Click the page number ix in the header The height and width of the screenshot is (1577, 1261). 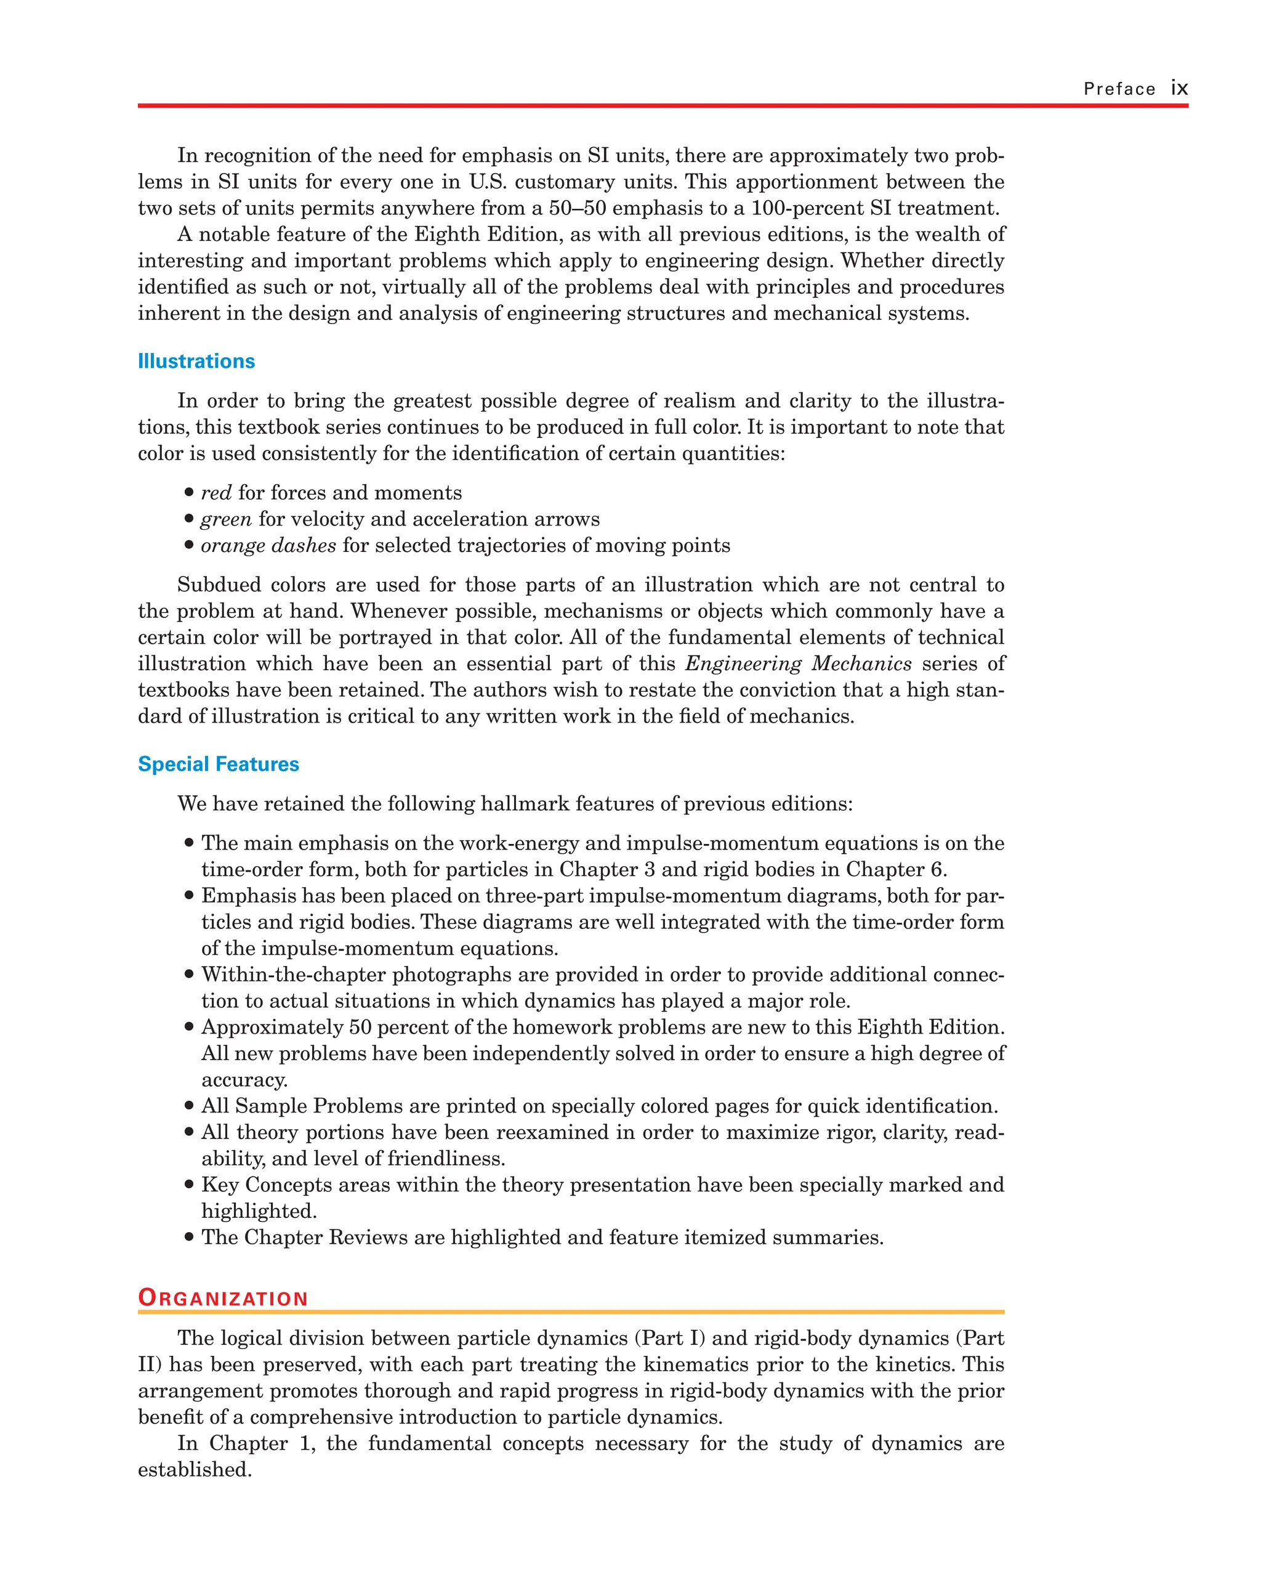click(x=1178, y=89)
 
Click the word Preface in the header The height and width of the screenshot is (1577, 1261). click(x=1119, y=89)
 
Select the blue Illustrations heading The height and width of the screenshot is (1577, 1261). click(x=196, y=362)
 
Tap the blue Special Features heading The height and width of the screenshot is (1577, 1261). click(x=219, y=764)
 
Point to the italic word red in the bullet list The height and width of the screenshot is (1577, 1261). click(x=216, y=493)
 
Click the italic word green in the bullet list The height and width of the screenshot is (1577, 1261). click(x=226, y=519)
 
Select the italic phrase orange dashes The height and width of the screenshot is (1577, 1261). click(x=268, y=546)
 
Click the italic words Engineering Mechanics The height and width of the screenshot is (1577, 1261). click(x=798, y=663)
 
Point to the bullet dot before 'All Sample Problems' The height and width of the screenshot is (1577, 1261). click(x=189, y=1106)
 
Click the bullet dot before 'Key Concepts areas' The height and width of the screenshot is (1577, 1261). click(x=189, y=1185)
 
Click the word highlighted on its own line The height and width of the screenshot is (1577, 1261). click(x=259, y=1211)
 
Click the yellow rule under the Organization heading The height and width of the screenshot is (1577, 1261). click(x=570, y=1312)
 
